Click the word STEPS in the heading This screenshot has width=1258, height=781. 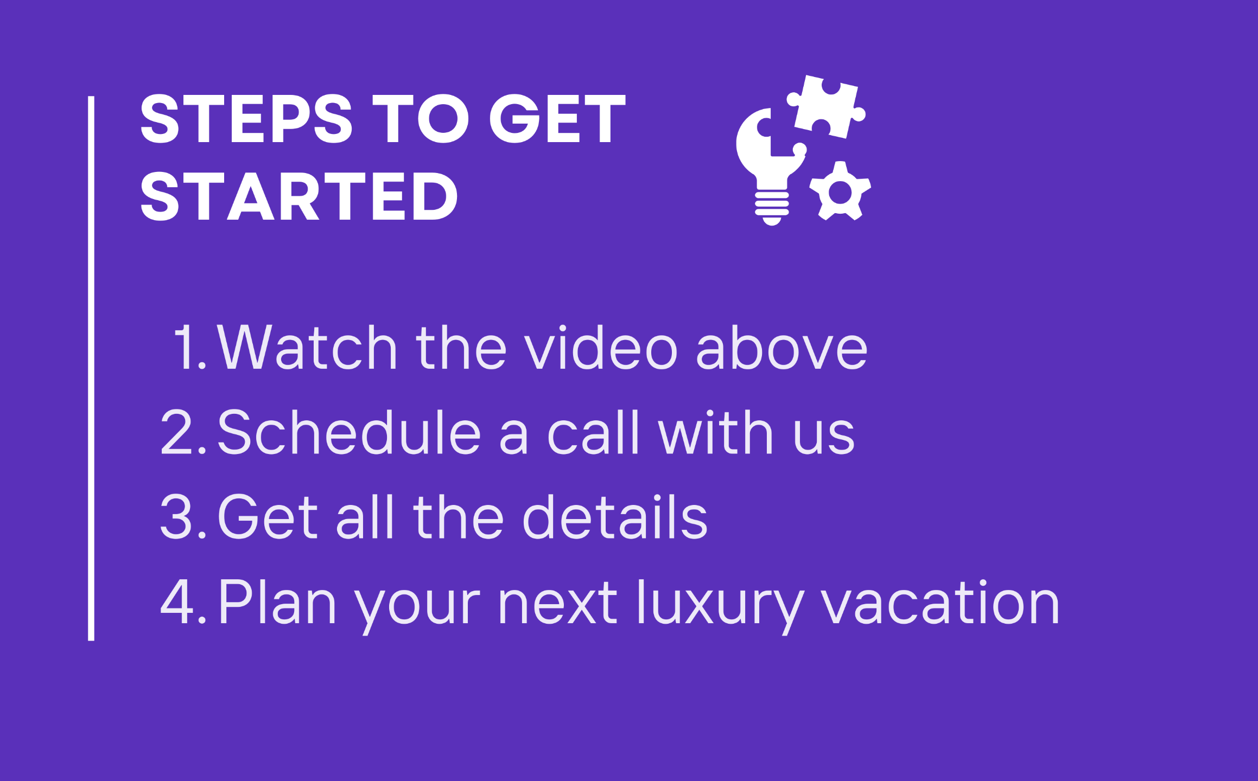click(x=246, y=118)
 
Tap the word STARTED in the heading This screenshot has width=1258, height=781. click(x=299, y=196)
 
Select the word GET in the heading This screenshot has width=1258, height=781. click(x=558, y=118)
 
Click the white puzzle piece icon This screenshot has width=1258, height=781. click(x=826, y=106)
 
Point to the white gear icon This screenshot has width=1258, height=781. click(x=840, y=191)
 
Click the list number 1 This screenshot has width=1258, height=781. click(x=190, y=348)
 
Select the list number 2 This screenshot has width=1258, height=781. click(x=183, y=432)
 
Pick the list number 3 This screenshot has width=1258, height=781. click(x=183, y=517)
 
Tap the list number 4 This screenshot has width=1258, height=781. click(x=183, y=601)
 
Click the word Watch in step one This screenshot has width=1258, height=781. click(x=307, y=348)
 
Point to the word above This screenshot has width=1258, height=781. click(x=782, y=348)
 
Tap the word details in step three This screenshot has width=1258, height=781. click(x=615, y=517)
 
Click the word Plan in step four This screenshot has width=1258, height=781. click(x=277, y=601)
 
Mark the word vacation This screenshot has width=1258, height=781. click(x=940, y=601)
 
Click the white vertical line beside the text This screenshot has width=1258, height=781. click(x=91, y=369)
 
